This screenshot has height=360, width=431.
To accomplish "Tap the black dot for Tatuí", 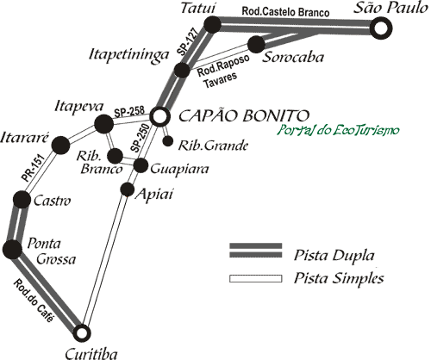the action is click(213, 24).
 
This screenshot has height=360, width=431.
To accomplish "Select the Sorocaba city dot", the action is click(256, 45).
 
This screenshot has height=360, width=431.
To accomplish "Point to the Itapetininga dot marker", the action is click(182, 70).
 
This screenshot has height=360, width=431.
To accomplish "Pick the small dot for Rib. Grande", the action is click(168, 141).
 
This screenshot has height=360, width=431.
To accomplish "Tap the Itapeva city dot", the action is click(104, 124).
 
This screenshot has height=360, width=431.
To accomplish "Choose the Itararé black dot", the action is click(60, 146).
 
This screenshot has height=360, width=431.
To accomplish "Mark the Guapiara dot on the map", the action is click(141, 165).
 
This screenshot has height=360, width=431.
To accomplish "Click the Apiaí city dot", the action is click(128, 189).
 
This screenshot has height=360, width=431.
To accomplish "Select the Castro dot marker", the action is click(22, 199).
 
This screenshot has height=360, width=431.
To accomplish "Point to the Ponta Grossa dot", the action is click(12, 249).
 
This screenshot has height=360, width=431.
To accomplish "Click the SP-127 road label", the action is click(188, 41).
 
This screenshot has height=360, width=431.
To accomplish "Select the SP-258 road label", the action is click(129, 111).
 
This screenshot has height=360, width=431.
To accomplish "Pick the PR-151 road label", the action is click(34, 168).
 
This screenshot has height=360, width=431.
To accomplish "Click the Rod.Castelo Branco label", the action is click(285, 11).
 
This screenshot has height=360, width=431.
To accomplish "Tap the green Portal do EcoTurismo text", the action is click(338, 130).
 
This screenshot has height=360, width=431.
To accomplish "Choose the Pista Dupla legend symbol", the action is click(256, 251).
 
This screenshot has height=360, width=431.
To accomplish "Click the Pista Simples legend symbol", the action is click(256, 279).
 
